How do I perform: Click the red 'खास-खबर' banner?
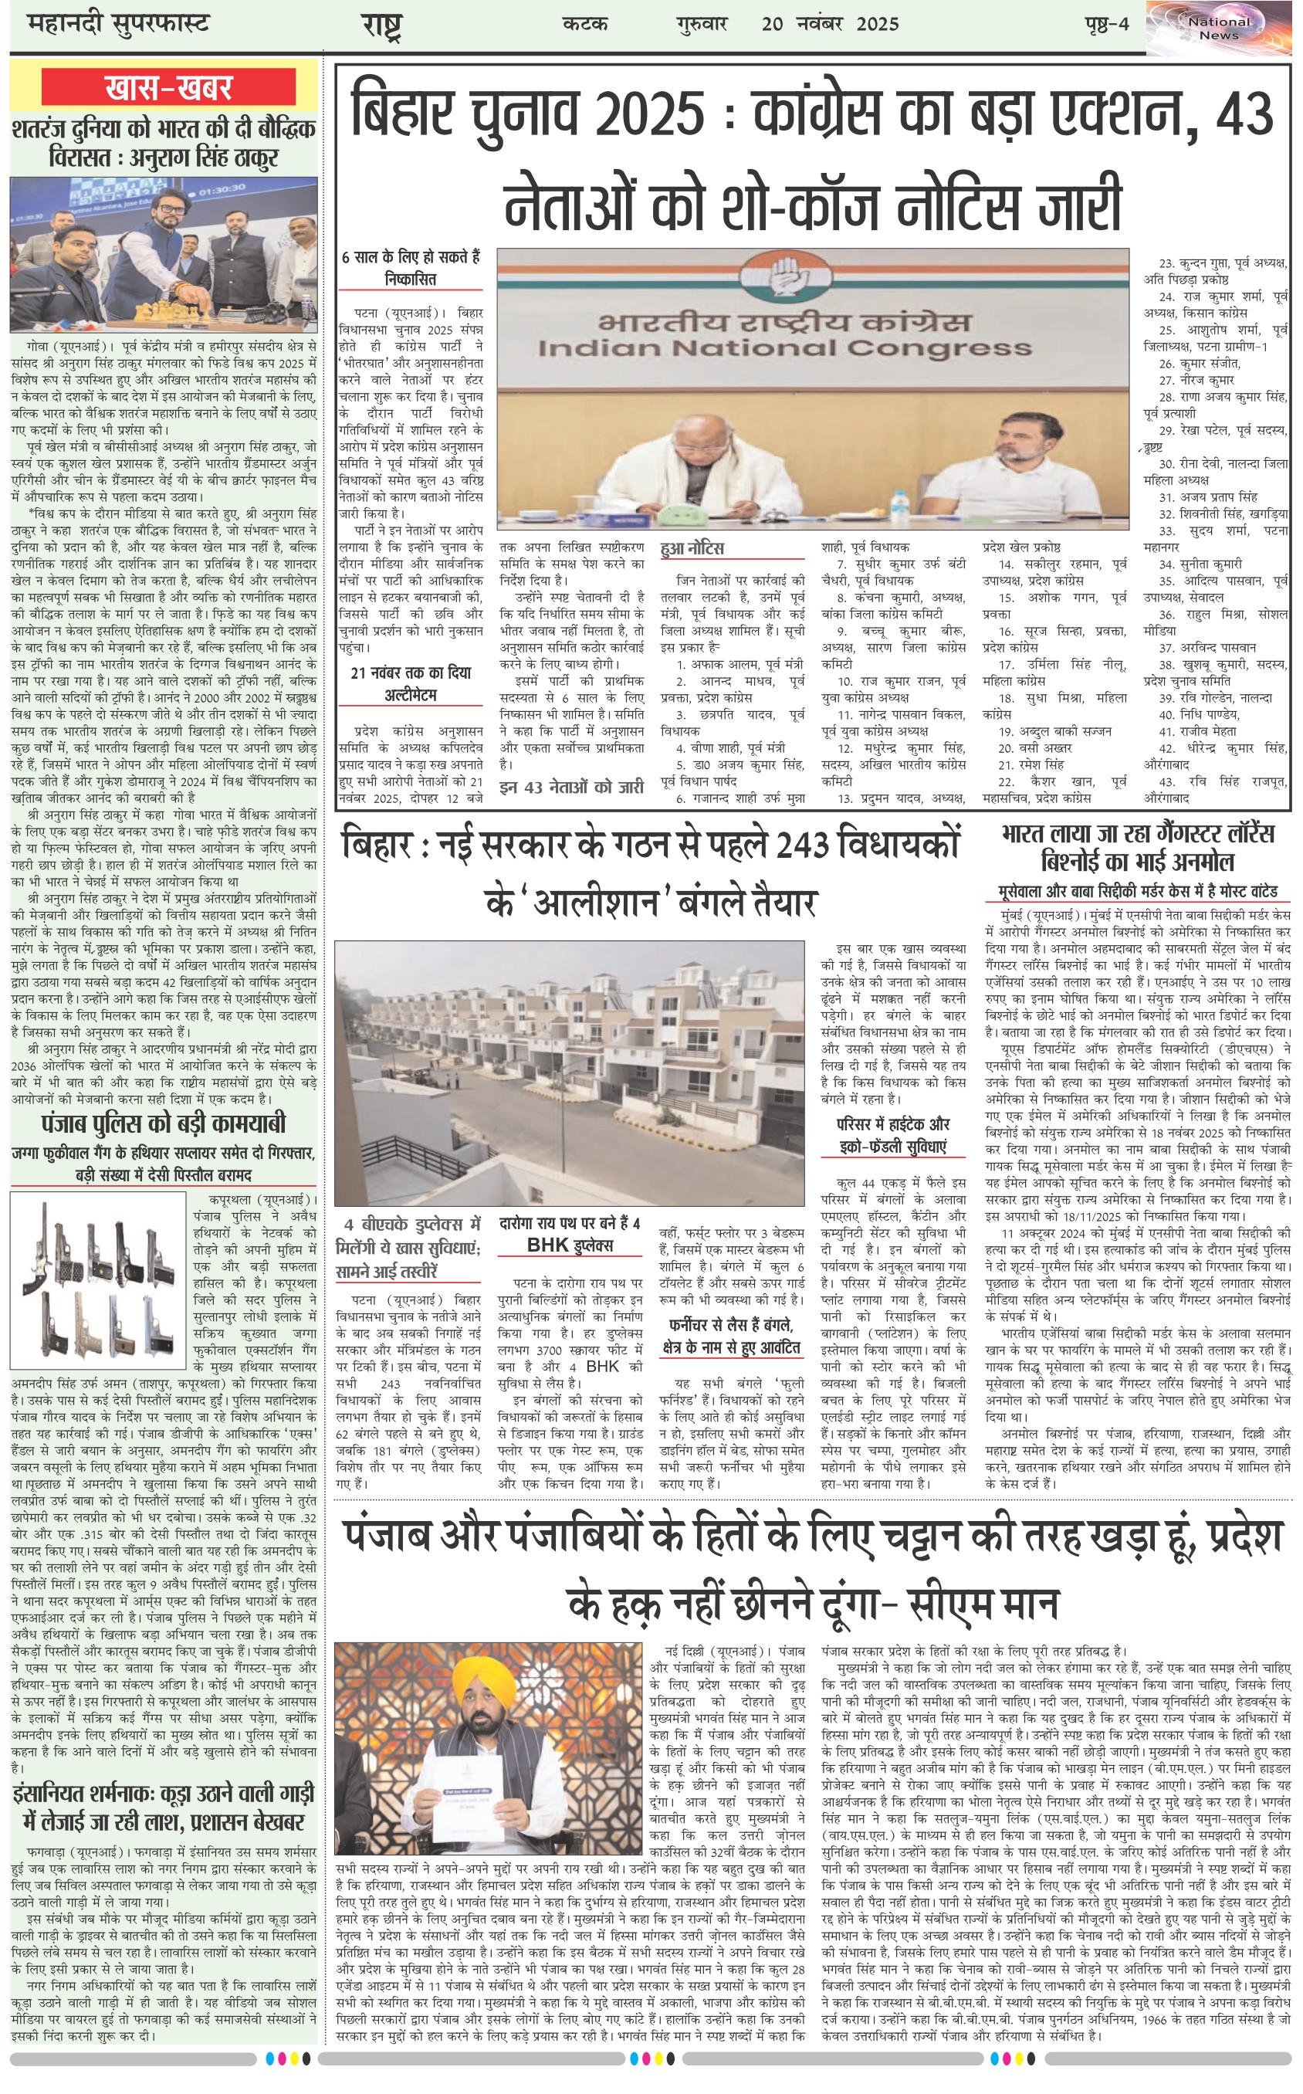pyautogui.click(x=168, y=87)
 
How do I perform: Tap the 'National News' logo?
pyautogui.click(x=1219, y=28)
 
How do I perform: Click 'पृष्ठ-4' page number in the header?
pyautogui.click(x=1106, y=24)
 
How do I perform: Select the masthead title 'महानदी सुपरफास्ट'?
pyautogui.click(x=118, y=23)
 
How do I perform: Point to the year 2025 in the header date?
pyautogui.click(x=877, y=24)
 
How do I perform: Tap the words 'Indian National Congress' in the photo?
pyautogui.click(x=784, y=348)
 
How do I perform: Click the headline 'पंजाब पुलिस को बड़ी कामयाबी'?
pyautogui.click(x=163, y=1123)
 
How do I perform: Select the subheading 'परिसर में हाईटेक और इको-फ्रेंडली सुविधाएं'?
pyautogui.click(x=893, y=1135)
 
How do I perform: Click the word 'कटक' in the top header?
pyautogui.click(x=584, y=24)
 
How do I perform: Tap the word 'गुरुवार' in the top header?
pyautogui.click(x=702, y=24)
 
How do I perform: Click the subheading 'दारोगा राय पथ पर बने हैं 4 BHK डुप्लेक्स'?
pyautogui.click(x=570, y=1234)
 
